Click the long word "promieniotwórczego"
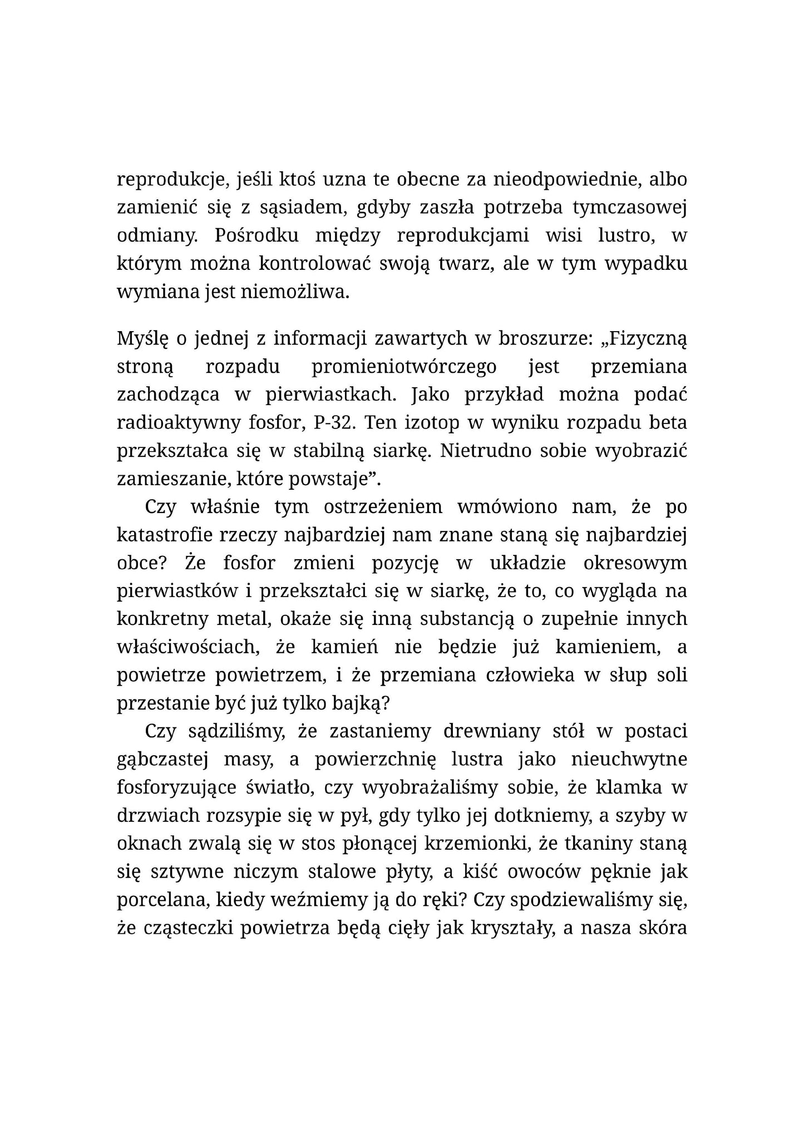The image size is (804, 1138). [x=403, y=367]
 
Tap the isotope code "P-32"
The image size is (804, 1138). [x=333, y=422]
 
